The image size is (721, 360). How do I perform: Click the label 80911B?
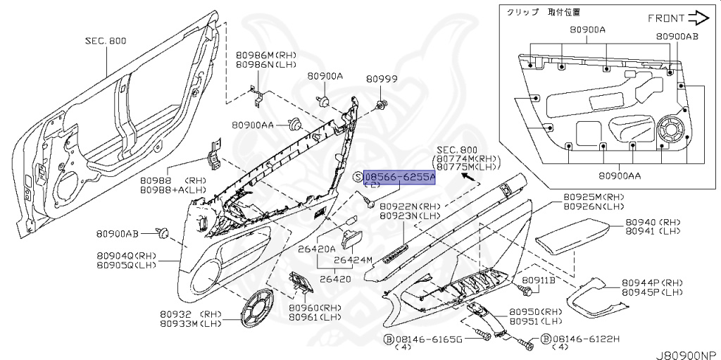543,280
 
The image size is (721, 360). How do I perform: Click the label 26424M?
353,260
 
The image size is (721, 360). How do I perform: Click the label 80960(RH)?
315,308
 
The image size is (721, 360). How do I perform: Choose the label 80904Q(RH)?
127,255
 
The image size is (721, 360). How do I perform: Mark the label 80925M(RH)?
594,197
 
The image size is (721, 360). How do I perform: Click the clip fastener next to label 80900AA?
294,125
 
